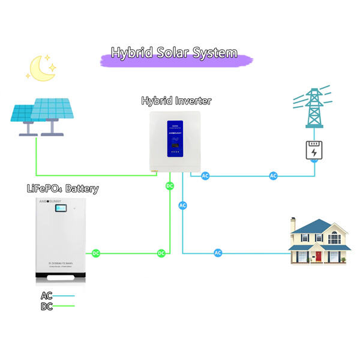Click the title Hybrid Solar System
click(174, 53)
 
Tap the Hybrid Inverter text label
click(176, 100)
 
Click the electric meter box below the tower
click(314, 151)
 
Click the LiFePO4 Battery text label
click(62, 188)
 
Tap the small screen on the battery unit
click(61, 209)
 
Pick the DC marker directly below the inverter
click(170, 186)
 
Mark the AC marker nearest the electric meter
click(274, 176)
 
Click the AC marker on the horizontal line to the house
click(218, 253)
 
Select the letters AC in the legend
click(47, 296)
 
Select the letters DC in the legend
click(47, 306)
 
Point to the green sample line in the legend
click(65, 307)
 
